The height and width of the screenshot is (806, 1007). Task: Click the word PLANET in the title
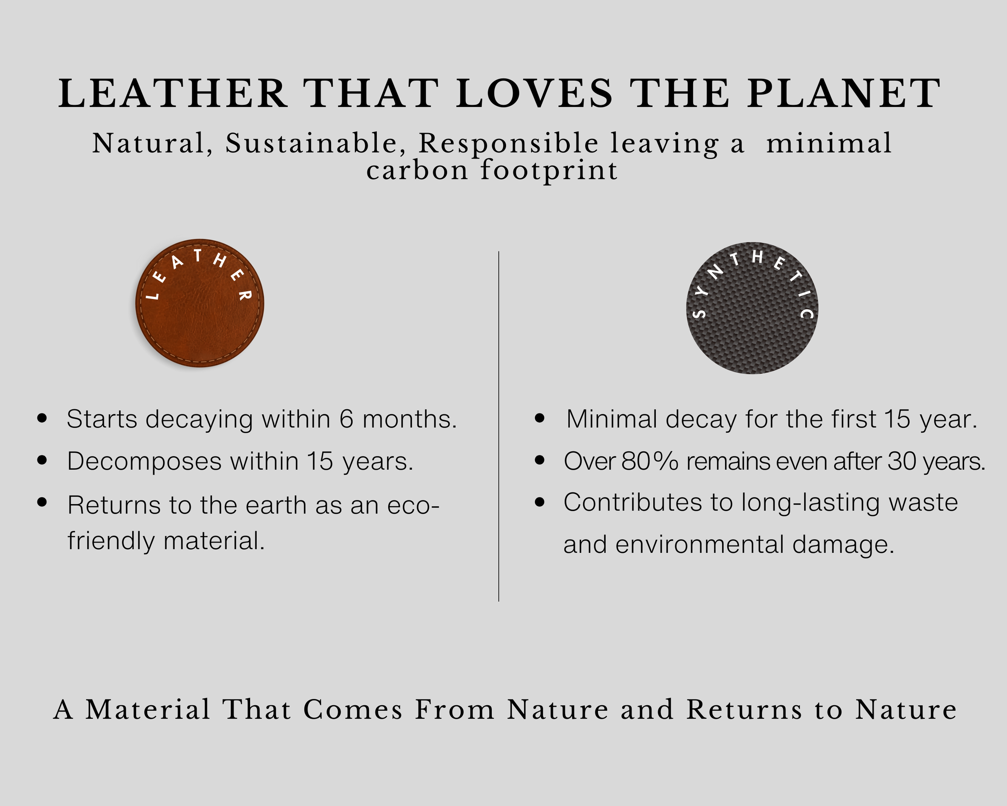843,94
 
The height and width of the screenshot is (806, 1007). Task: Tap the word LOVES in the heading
534,94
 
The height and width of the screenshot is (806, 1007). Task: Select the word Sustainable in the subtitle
311,144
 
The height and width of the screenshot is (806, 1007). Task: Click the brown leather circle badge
200,303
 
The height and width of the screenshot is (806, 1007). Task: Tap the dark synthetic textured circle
752,308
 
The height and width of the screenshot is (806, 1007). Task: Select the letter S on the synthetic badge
699,313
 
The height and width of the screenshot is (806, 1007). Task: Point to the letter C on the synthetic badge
806,313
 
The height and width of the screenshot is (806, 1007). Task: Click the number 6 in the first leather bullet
346,419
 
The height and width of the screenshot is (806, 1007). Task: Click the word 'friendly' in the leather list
111,541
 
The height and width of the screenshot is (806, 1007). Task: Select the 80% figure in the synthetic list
650,461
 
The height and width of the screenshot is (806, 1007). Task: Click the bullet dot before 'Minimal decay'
540,418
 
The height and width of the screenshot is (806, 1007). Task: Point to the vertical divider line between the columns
499,426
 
